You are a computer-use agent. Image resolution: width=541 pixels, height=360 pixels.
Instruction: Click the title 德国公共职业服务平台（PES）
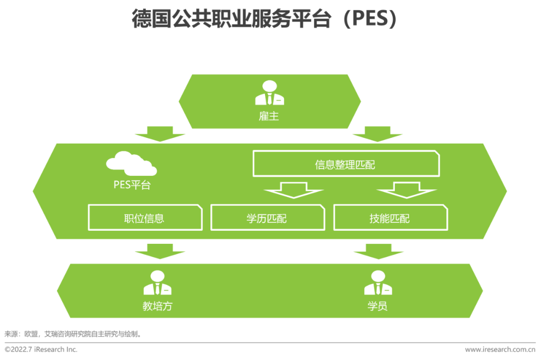pyautogui.click(x=264, y=20)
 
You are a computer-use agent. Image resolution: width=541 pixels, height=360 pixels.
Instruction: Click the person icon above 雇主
pyautogui.click(x=269, y=93)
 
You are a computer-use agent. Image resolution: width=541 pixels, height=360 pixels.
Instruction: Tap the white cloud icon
pyautogui.click(x=131, y=164)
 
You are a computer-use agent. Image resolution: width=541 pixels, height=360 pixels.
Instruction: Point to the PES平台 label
pyautogui.click(x=132, y=185)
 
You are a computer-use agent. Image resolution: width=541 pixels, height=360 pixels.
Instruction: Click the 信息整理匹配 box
pyautogui.click(x=346, y=164)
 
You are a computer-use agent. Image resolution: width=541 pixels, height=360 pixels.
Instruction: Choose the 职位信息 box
pyautogui.click(x=145, y=218)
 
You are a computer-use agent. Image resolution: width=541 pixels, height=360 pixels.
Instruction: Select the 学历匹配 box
pyautogui.click(x=267, y=218)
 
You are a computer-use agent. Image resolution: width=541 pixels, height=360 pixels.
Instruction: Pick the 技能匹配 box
pyautogui.click(x=390, y=218)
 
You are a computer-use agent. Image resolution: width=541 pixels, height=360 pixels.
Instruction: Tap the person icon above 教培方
pyautogui.click(x=157, y=283)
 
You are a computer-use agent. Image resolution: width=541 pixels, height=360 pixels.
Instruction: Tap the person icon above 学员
pyautogui.click(x=378, y=283)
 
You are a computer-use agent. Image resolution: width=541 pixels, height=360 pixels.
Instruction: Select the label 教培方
pyautogui.click(x=157, y=306)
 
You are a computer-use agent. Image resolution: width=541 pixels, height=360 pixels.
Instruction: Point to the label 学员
pyautogui.click(x=378, y=306)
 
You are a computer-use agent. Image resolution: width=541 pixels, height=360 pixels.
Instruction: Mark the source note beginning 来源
pyautogui.click(x=73, y=333)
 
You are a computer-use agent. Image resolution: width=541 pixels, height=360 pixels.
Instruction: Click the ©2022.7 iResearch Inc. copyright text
pyautogui.click(x=41, y=349)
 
